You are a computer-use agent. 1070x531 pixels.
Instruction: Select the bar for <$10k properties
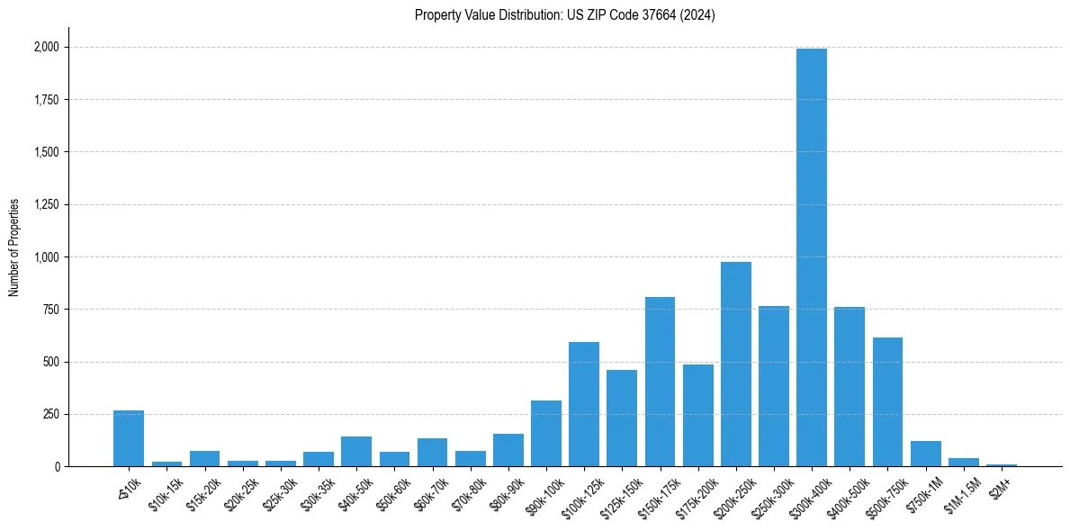(x=129, y=438)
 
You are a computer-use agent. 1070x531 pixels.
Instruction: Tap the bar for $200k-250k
(x=736, y=364)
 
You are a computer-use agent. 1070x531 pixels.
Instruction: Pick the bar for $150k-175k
(x=660, y=382)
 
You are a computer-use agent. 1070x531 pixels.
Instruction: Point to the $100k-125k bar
(x=584, y=404)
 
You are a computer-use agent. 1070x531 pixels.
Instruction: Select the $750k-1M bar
(x=926, y=454)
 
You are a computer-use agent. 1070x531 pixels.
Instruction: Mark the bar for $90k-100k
(x=546, y=434)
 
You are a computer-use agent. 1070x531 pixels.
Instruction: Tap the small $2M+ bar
(x=1002, y=464)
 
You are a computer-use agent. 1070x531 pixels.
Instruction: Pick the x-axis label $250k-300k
(x=769, y=494)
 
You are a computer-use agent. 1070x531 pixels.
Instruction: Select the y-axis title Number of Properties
(x=13, y=247)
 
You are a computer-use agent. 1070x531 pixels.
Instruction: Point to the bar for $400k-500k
(x=850, y=387)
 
